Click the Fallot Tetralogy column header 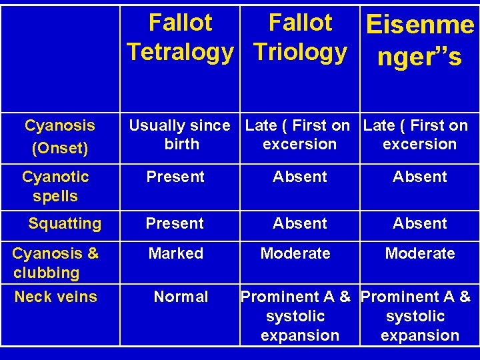[180, 37]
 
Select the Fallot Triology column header [300, 37]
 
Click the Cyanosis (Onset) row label [60, 136]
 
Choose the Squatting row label [65, 223]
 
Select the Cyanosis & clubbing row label [55, 263]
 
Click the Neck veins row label [56, 297]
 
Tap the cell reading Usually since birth [179, 135]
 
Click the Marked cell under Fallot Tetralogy [176, 253]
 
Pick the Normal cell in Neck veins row [181, 297]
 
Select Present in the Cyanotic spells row [175, 177]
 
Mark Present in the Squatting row [175, 223]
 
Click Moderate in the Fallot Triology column [295, 253]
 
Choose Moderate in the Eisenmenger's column [420, 253]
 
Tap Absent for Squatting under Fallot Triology [300, 223]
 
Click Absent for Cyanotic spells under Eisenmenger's [420, 177]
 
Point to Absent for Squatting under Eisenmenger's [420, 223]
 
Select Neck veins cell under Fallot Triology [300, 316]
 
